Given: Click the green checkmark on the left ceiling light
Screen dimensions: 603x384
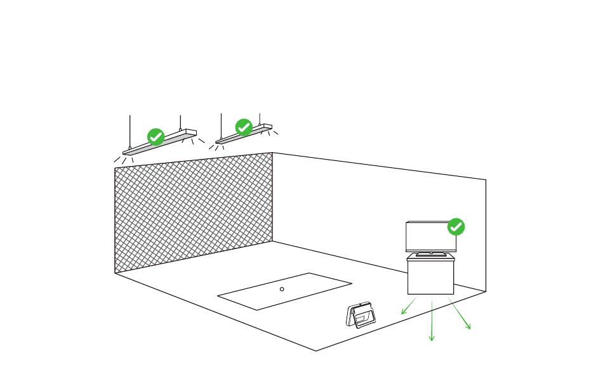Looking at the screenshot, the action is click(156, 137).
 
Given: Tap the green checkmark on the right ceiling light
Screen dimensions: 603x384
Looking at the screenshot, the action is click(244, 127).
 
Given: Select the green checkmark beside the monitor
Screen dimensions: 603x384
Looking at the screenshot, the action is click(456, 227).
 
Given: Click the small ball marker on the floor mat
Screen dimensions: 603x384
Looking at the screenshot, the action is click(282, 289).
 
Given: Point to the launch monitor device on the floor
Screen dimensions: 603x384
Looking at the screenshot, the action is click(361, 315).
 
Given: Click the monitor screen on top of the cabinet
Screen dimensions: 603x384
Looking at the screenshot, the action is click(430, 236).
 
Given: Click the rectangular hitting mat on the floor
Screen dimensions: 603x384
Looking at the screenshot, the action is click(284, 291).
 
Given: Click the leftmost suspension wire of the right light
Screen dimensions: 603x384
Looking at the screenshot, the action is click(221, 125).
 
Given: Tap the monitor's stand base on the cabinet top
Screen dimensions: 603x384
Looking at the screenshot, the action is click(431, 254).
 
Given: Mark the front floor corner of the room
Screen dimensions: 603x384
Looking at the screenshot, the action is click(316, 350).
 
